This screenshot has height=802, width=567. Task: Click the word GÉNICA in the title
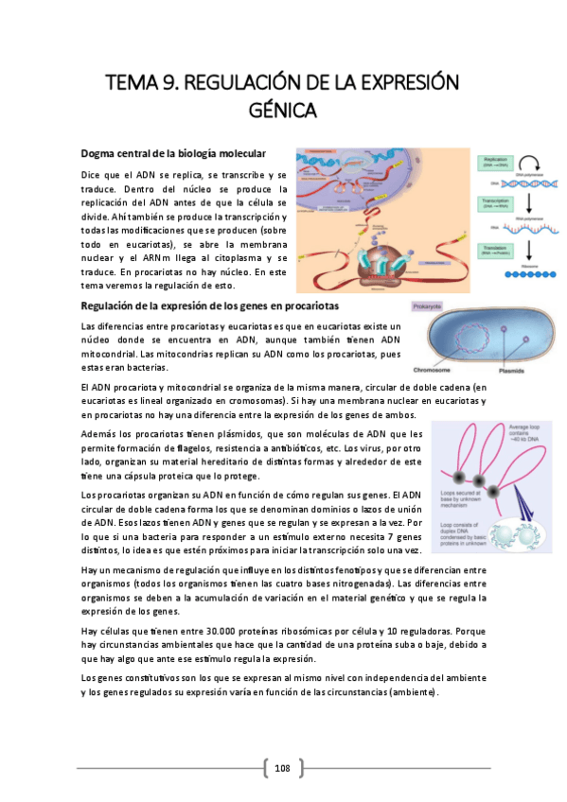[283, 111]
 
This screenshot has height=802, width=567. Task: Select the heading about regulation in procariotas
[210, 306]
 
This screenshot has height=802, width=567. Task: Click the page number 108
[282, 768]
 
